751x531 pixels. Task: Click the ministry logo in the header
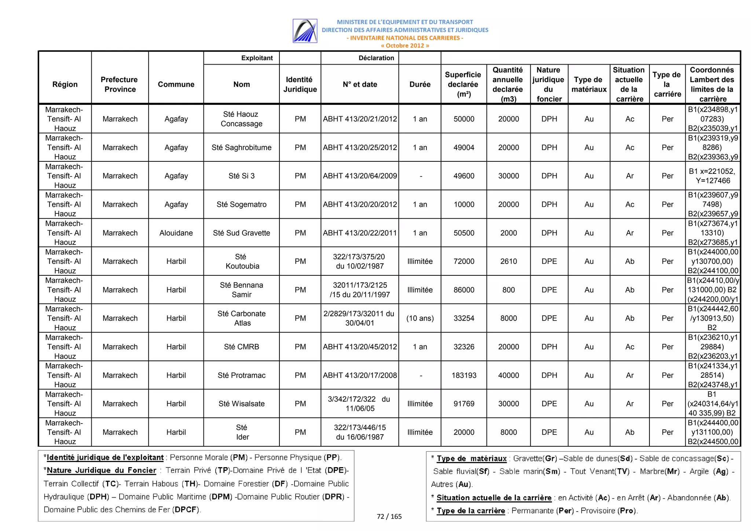[305, 31]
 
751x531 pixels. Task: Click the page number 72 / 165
[389, 516]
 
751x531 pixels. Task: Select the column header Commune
[176, 84]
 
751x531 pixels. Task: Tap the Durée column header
[420, 84]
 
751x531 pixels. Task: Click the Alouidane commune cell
[176, 233]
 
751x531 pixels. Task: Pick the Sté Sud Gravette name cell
[241, 233]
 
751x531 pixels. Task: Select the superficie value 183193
[464, 375]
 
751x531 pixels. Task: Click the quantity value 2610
[509, 261]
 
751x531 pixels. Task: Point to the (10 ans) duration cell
[420, 318]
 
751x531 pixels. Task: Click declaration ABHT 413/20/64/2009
[360, 176]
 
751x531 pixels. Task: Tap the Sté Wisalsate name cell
[241, 403]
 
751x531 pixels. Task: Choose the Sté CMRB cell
[241, 347]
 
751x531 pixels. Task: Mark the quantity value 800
[509, 290]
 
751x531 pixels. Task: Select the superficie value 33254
[464, 318]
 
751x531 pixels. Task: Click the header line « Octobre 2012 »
[405, 45]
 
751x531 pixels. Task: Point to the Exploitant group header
[257, 58]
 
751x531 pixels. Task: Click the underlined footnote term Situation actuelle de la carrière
[494, 498]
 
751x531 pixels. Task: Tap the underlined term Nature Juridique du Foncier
[102, 470]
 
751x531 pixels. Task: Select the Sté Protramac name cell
[241, 375]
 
